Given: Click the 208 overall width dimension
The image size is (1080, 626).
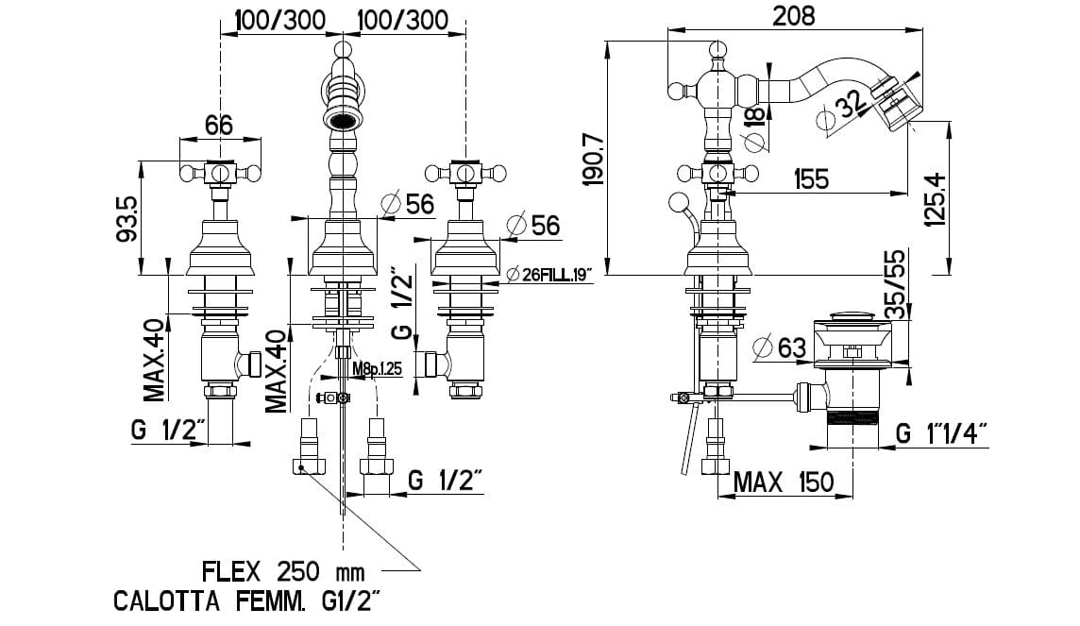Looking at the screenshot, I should tap(793, 15).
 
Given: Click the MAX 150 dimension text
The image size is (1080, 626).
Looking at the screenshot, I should tap(785, 482).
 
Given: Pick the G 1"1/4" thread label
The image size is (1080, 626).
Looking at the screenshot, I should tap(941, 433).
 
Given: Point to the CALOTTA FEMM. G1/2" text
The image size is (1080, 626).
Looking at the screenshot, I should tap(248, 601).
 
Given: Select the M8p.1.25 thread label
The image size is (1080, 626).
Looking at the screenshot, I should tap(377, 368).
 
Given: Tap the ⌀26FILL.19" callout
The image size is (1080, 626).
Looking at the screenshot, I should tap(548, 275).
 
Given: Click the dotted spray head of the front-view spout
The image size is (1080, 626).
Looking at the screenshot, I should tap(344, 120).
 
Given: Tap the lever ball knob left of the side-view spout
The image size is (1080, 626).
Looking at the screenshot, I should tap(676, 91).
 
